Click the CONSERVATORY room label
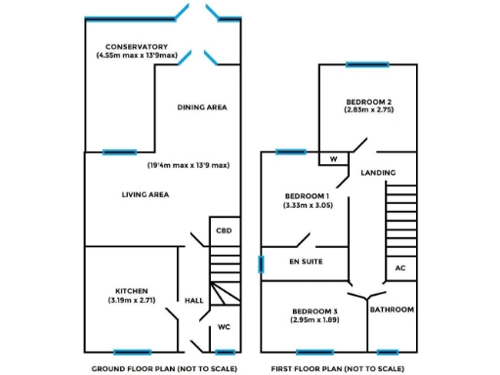[137, 47]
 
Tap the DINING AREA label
[202, 107]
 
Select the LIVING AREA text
[146, 195]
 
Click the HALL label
[194, 301]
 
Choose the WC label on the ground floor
[224, 326]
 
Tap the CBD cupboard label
[224, 231]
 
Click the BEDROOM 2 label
[368, 102]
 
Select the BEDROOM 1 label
[308, 195]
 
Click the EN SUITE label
[306, 263]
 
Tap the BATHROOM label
[392, 310]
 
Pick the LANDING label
[378, 173]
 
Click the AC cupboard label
[399, 268]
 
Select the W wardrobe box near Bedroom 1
[333, 158]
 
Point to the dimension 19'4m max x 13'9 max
[188, 166]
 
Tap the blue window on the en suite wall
[261, 264]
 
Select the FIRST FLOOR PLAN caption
[338, 368]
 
